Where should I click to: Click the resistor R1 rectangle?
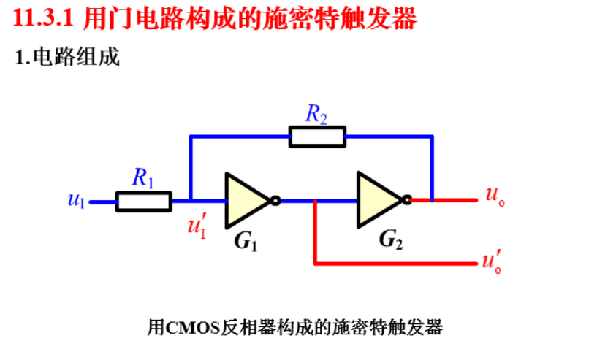[x=143, y=201]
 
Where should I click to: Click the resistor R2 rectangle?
[x=316, y=136]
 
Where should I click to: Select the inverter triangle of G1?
[x=246, y=199]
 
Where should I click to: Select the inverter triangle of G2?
[x=378, y=199]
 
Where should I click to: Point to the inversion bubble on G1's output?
[x=275, y=200]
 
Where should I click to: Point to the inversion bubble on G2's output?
[x=407, y=199]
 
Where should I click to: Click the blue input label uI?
[x=76, y=199]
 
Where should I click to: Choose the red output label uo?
[x=494, y=196]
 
